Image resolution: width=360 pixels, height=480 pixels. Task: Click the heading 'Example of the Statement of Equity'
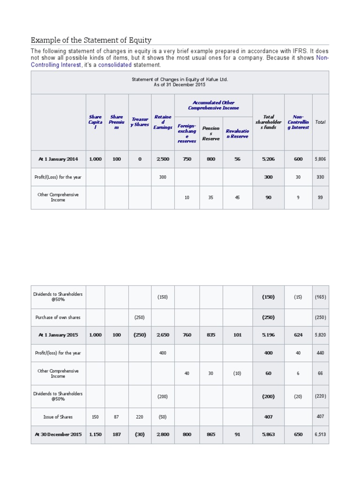click(91, 40)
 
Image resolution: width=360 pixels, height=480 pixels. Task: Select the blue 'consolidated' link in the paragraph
click(114, 65)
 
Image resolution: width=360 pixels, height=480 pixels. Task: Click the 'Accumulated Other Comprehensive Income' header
click(213, 105)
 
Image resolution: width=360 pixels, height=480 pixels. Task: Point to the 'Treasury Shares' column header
click(140, 122)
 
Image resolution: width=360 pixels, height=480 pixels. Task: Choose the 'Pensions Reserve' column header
click(211, 133)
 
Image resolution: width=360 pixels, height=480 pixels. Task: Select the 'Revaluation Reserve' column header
click(237, 134)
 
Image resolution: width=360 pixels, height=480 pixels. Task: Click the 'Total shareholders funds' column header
click(269, 122)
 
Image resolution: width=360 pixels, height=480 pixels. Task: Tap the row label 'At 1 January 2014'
click(58, 159)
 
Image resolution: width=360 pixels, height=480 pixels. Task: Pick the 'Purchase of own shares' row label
click(58, 317)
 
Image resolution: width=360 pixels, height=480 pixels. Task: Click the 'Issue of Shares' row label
click(58, 416)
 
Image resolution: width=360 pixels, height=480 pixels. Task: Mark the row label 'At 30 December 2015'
click(58, 435)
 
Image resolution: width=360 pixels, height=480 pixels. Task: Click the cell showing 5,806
click(320, 159)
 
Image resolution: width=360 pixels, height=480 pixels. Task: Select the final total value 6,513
click(320, 435)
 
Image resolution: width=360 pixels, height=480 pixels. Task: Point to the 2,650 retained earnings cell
click(163, 335)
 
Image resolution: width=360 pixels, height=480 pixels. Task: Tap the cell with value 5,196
click(269, 335)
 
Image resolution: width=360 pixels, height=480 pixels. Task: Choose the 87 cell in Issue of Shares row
click(117, 416)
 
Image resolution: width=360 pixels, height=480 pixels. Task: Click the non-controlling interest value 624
click(298, 335)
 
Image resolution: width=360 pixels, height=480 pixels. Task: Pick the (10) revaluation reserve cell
click(237, 373)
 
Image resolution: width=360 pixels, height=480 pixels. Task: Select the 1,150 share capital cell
click(95, 435)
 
